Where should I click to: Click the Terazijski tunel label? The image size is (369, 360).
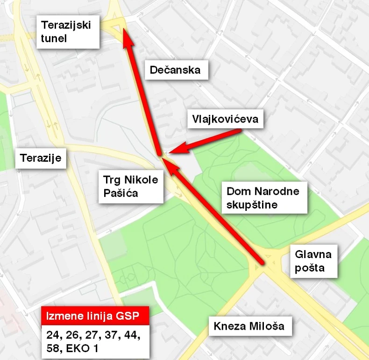68,31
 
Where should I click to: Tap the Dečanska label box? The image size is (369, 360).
175,70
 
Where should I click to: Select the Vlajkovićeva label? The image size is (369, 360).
225,119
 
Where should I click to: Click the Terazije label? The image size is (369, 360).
41,158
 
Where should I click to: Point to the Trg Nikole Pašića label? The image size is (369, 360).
131,186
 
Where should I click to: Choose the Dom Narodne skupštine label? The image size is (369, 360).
263,198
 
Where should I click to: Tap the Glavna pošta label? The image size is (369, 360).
313,261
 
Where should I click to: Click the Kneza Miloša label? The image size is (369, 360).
249,326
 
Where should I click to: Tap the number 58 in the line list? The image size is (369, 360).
54,349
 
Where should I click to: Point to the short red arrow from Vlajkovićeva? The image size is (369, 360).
206,141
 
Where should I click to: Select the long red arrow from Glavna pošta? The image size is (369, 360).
215,213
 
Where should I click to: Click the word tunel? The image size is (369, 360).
54,38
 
